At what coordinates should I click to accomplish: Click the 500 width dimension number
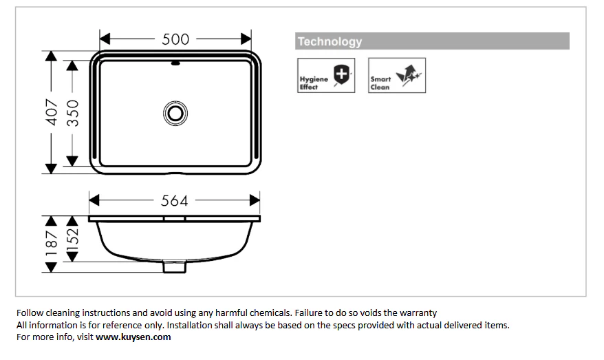(x=175, y=39)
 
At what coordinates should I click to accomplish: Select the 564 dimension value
(x=174, y=201)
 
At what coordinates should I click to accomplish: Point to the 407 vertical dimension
(x=51, y=112)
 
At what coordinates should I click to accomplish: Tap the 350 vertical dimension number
(x=72, y=113)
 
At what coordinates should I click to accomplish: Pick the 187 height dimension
(x=51, y=244)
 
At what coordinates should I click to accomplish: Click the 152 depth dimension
(x=72, y=240)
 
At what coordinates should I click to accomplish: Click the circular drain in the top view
(x=175, y=114)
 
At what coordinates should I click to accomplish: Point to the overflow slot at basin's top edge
(x=175, y=63)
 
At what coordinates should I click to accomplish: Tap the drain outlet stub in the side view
(x=175, y=267)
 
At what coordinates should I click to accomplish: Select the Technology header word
(x=330, y=41)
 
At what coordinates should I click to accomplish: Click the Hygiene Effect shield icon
(x=341, y=74)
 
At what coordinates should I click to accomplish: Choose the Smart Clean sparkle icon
(x=409, y=74)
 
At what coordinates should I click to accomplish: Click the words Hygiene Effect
(x=314, y=83)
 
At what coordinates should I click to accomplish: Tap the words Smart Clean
(x=380, y=83)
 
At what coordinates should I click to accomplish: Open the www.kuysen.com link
(x=133, y=337)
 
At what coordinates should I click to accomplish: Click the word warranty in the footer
(x=418, y=313)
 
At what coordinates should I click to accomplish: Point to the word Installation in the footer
(x=188, y=325)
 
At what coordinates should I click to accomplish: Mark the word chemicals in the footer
(x=270, y=313)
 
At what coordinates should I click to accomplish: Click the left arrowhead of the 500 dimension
(x=105, y=39)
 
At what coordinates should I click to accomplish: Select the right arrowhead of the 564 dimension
(x=255, y=200)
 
